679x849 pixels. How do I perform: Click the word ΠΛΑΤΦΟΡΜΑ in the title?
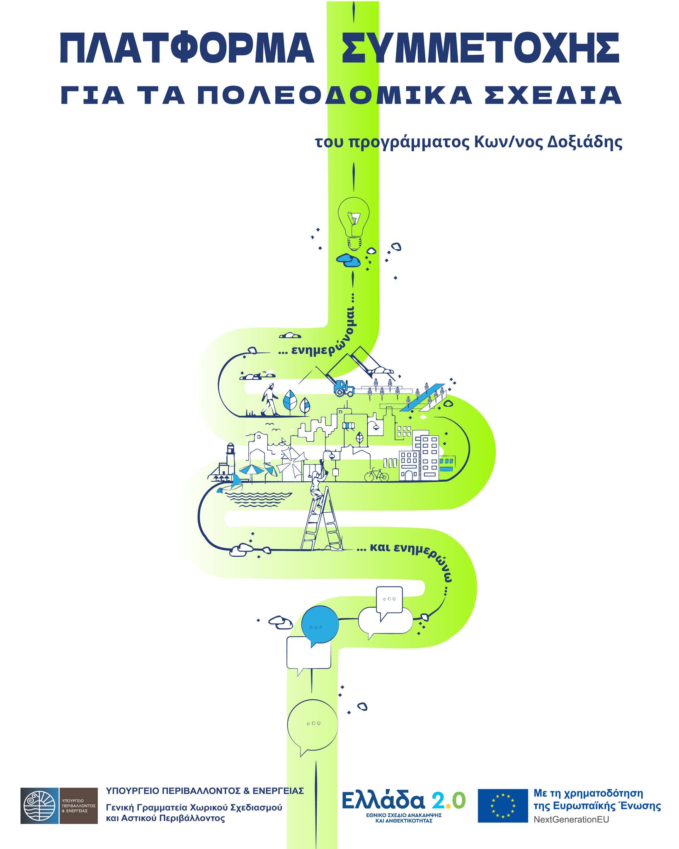[187, 50]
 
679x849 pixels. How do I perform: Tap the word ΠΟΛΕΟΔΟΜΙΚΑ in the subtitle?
[335, 96]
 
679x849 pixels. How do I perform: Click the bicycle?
[376, 475]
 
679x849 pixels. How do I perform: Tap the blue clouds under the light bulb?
[348, 260]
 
